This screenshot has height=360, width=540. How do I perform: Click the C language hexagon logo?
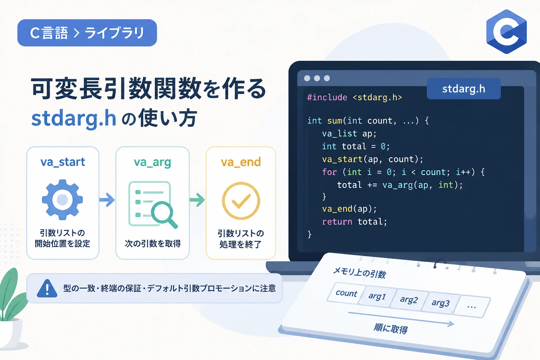pos(506,32)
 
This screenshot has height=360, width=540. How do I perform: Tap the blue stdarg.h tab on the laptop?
pos(464,89)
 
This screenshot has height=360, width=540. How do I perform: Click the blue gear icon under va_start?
pos(63,200)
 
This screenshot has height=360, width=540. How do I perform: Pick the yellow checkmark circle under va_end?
pos(241,201)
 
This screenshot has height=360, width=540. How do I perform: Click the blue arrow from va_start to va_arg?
pos(107,200)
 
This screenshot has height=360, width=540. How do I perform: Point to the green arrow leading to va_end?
pos(197,200)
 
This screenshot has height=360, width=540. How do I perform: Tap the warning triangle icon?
pos(47,288)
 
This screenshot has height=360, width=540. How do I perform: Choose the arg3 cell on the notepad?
pos(441,303)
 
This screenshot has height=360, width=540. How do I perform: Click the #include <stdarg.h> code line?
pos(355,97)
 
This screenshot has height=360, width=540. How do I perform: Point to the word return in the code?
pos(337,221)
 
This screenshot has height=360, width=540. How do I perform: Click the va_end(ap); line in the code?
pos(349,209)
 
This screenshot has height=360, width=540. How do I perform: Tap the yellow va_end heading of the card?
pos(241,162)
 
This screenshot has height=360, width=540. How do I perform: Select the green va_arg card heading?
pos(153,162)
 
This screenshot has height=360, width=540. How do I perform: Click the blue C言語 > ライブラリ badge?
pos(87,33)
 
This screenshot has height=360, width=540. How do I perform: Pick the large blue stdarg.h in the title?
pos(74,118)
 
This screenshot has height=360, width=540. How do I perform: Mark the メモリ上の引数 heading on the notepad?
pos(360,273)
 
